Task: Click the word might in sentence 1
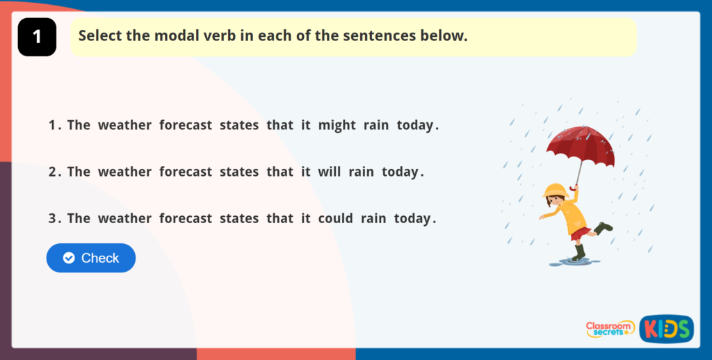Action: coord(337,126)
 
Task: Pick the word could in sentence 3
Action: coord(336,218)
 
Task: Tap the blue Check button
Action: coord(91,258)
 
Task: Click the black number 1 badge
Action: coord(38,38)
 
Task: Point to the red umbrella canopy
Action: coord(581,145)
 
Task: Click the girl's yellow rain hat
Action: coord(556,190)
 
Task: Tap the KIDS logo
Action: coord(667,329)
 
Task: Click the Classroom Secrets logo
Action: coord(610,329)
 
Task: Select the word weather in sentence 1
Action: coord(125,126)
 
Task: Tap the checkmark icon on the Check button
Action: coord(69,258)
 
